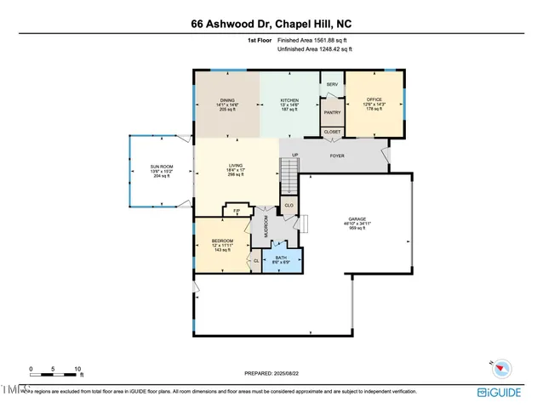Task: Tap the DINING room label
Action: pos(226,99)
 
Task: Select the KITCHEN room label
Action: pos(289,99)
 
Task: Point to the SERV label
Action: pos(332,85)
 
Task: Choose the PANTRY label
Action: pos(332,110)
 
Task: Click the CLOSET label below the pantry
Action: pos(332,132)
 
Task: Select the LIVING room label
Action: pos(237,167)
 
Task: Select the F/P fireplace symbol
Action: pos(236,209)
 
